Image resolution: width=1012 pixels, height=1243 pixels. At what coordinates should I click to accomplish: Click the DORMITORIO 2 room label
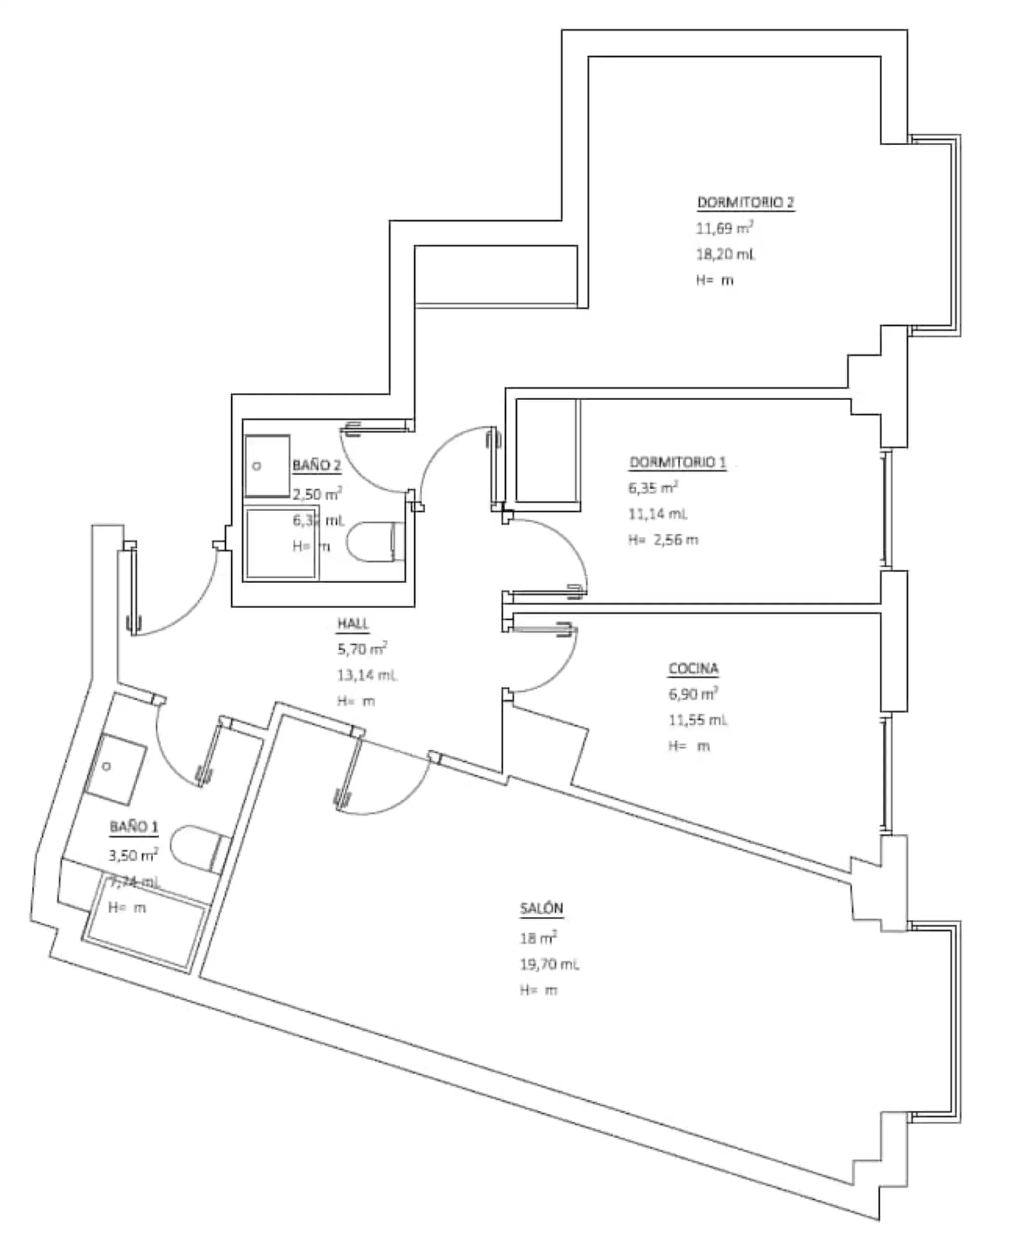click(745, 202)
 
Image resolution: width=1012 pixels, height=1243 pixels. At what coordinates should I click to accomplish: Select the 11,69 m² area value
click(724, 228)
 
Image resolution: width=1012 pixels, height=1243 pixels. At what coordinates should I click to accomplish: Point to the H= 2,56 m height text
click(663, 539)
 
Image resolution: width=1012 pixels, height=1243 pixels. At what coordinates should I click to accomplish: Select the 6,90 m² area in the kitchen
click(693, 694)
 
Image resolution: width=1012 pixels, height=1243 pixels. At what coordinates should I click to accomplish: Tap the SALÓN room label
click(541, 908)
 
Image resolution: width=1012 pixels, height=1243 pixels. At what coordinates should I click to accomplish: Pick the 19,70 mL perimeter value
click(549, 965)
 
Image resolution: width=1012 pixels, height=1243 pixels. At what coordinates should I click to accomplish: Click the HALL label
click(353, 623)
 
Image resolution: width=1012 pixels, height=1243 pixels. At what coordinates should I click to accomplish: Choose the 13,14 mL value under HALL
click(367, 675)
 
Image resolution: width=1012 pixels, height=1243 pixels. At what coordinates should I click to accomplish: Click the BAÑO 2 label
click(317, 465)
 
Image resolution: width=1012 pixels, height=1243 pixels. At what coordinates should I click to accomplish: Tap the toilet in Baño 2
click(373, 541)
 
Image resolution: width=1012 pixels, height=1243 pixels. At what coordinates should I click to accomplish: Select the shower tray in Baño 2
click(281, 544)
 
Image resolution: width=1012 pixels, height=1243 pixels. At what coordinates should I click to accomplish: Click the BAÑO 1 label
click(133, 827)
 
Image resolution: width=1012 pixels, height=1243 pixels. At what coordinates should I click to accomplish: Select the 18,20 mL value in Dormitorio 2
click(725, 254)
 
